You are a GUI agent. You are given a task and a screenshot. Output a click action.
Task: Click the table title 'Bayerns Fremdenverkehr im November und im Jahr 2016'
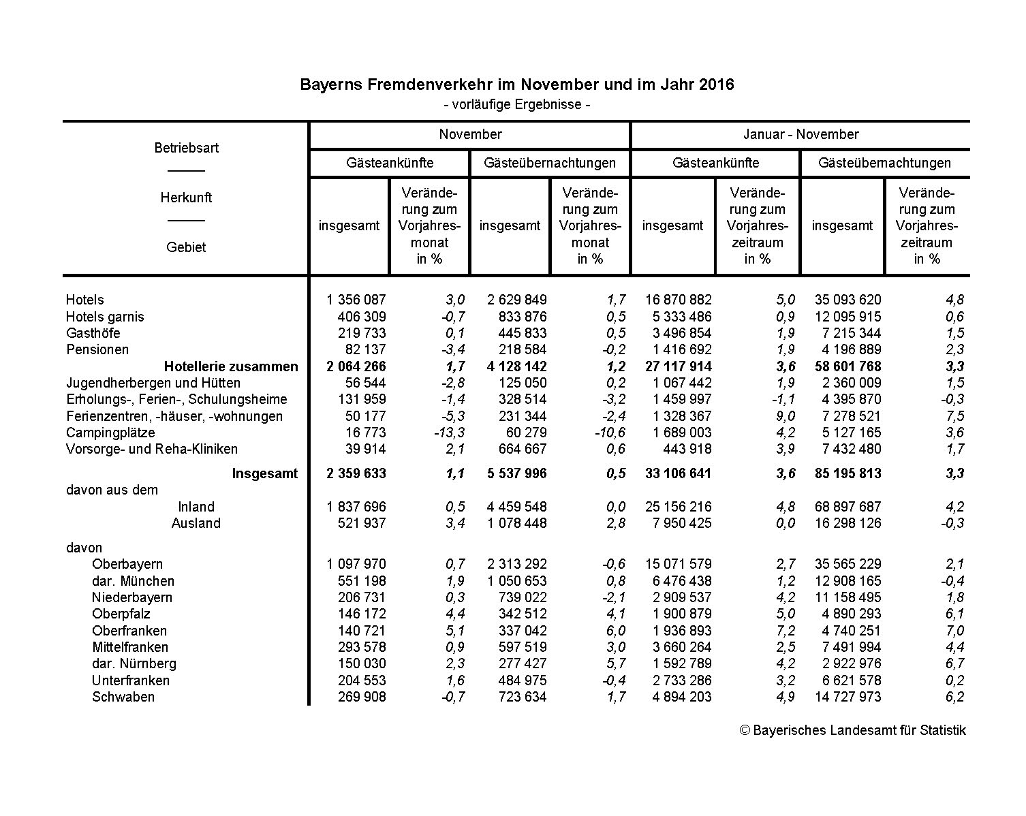[517, 85]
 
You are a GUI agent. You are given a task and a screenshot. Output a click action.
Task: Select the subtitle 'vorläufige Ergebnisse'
[517, 105]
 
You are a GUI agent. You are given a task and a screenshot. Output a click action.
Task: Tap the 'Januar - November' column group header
[800, 134]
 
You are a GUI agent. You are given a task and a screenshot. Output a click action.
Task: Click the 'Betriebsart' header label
[186, 148]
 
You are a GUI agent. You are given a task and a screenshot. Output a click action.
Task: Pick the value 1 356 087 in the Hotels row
[356, 300]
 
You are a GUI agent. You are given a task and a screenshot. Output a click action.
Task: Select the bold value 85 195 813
[848, 473]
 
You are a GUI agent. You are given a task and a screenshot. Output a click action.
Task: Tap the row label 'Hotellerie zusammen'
[231, 366]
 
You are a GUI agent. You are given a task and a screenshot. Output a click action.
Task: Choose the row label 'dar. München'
[133, 581]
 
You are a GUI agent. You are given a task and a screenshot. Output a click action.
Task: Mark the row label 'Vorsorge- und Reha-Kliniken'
[152, 449]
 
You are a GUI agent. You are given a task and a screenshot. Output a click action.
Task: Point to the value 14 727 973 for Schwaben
[848, 697]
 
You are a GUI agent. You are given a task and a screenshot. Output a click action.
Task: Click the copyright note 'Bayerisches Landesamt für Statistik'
[853, 730]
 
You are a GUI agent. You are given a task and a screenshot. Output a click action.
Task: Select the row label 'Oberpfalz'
[121, 614]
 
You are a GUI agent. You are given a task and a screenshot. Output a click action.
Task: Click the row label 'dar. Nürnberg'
[134, 663]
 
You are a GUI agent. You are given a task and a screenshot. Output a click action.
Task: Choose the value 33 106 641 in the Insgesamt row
[678, 473]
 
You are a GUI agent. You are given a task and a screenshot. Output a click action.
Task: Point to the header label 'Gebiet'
[186, 247]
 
